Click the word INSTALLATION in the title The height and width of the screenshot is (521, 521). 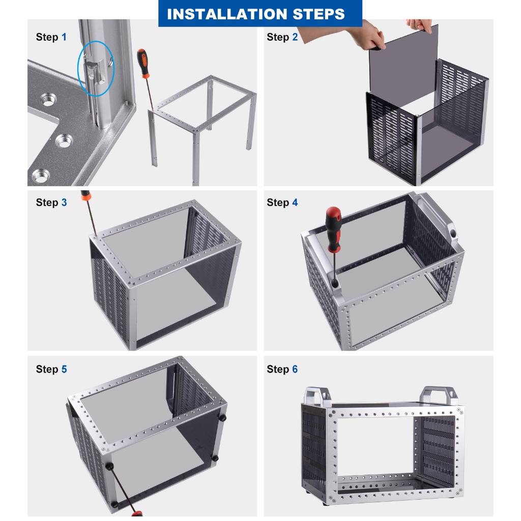pyautogui.click(x=227, y=14)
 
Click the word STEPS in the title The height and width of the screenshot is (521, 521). pyautogui.click(x=319, y=14)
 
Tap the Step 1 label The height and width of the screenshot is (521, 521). pyautogui.click(x=51, y=37)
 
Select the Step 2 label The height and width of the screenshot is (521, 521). pyautogui.click(x=282, y=37)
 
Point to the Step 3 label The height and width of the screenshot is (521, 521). pyautogui.click(x=51, y=202)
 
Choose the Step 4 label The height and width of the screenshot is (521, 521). pyautogui.click(x=282, y=202)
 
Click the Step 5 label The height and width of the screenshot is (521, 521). pyautogui.click(x=51, y=369)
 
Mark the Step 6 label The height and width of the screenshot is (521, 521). pyautogui.click(x=282, y=369)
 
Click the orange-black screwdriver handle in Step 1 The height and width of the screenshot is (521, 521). pyautogui.click(x=143, y=63)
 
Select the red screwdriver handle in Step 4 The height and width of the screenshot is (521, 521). pyautogui.click(x=334, y=229)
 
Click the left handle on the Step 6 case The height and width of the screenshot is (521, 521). pyautogui.click(x=318, y=396)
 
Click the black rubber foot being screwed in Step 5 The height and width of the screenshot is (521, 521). pyautogui.click(x=109, y=466)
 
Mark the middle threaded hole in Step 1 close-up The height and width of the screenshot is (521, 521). pyautogui.click(x=64, y=141)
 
